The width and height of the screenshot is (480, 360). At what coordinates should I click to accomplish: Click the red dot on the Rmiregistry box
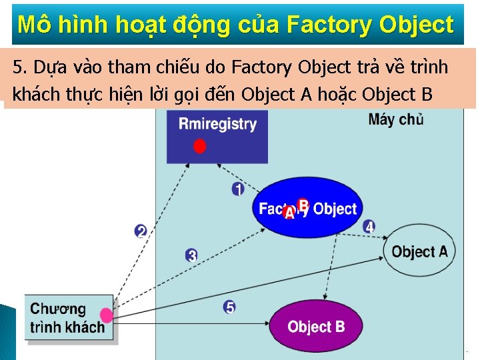pyautogui.click(x=199, y=146)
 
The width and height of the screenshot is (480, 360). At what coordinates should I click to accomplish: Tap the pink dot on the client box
pyautogui.click(x=106, y=315)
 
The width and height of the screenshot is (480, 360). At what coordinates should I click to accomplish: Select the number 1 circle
pyautogui.click(x=238, y=189)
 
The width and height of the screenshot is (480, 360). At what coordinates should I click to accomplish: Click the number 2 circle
pyautogui.click(x=141, y=231)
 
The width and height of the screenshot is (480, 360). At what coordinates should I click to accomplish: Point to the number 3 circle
pyautogui.click(x=191, y=255)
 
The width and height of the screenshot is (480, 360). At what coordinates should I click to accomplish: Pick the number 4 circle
pyautogui.click(x=369, y=227)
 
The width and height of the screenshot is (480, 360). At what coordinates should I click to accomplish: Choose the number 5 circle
pyautogui.click(x=229, y=307)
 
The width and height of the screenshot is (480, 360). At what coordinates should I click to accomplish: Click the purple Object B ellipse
pyautogui.click(x=316, y=327)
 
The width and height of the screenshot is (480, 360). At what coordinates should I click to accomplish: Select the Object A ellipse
pyautogui.click(x=419, y=251)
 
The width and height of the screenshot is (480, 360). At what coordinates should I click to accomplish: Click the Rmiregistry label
pyautogui.click(x=217, y=124)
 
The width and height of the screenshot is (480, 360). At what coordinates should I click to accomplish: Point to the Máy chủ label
pyautogui.click(x=395, y=120)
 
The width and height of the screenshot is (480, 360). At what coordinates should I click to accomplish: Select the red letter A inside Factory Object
pyautogui.click(x=289, y=213)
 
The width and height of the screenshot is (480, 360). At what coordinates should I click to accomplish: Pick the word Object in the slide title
pyautogui.click(x=416, y=25)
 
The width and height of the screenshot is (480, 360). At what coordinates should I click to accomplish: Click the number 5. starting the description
pyautogui.click(x=20, y=67)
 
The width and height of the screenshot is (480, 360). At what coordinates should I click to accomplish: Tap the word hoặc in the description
pyautogui.click(x=337, y=95)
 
